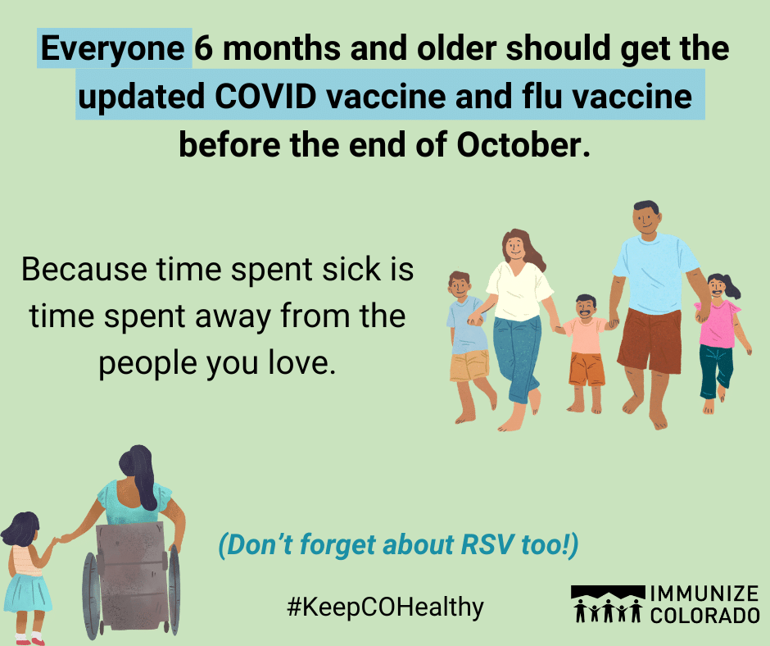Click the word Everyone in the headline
[112, 48]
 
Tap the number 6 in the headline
[204, 48]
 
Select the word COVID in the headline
[265, 96]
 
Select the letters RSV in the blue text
[487, 544]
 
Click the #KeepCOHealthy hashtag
[386, 607]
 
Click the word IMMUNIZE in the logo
[704, 594]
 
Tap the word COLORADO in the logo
[704, 615]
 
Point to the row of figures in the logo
[608, 610]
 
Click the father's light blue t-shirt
[655, 273]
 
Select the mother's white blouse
[520, 291]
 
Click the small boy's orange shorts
[587, 369]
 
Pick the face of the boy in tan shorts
[460, 285]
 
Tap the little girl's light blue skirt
[28, 593]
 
